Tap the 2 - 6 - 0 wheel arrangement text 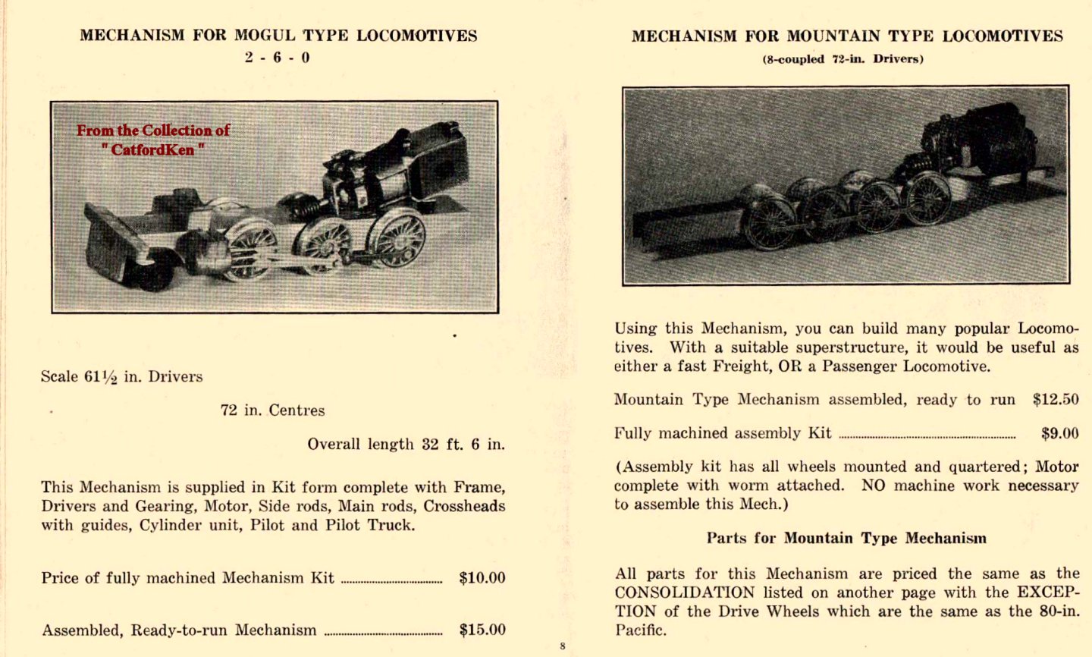point(277,58)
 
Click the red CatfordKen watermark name point(152,149)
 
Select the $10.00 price point(482,578)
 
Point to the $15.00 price point(482,630)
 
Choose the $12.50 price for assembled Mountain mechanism point(1055,400)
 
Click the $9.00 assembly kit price point(1059,433)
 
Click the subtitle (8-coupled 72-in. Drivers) point(843,59)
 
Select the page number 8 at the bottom point(563,646)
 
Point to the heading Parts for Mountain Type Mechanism point(846,539)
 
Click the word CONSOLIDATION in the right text point(685,593)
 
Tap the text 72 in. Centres point(272,410)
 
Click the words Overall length point(360,445)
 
